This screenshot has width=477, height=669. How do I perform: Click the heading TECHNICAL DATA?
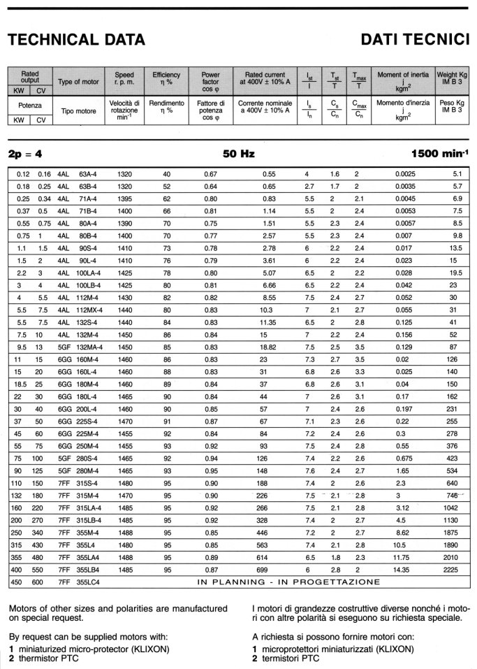pyautogui.click(x=76, y=41)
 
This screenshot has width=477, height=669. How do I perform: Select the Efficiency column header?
pyautogui.click(x=166, y=79)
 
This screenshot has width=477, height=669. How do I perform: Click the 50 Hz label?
pyautogui.click(x=237, y=154)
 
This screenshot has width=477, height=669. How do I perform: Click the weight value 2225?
pyautogui.click(x=451, y=570)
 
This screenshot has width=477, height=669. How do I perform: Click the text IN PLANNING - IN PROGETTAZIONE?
pyautogui.click(x=288, y=582)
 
